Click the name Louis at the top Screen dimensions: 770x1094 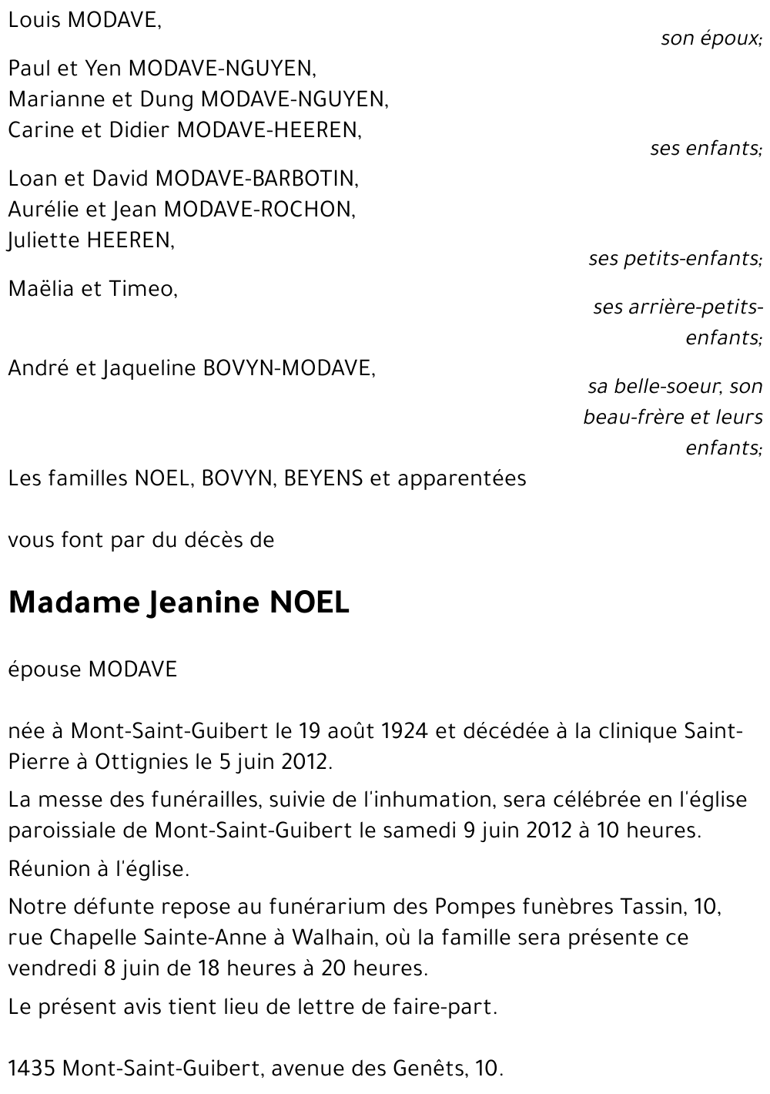(35, 21)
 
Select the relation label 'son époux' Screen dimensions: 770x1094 (711, 39)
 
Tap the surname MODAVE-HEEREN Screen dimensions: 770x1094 (269, 130)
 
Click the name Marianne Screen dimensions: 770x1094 (51, 99)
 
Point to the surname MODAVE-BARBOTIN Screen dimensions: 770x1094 (257, 179)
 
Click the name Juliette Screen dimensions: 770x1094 (43, 240)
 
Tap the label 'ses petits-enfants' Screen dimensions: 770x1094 (675, 258)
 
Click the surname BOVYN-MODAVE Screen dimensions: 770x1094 (289, 369)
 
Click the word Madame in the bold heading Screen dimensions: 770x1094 (72, 602)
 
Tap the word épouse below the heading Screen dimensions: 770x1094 (45, 669)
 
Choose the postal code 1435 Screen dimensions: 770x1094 (31, 1069)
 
